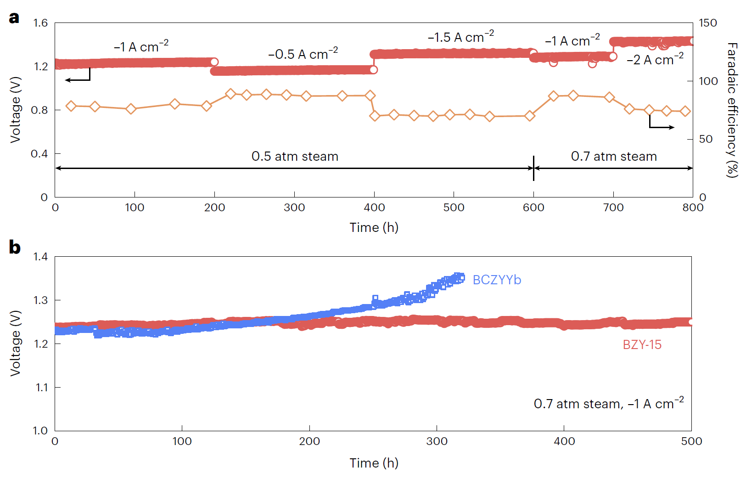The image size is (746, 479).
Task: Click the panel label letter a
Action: (14, 18)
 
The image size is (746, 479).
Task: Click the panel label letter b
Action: (15, 248)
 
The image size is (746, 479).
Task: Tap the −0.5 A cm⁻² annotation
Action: (303, 54)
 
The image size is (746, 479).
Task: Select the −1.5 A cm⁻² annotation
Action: (460, 37)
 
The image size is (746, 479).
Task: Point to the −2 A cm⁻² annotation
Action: (655, 59)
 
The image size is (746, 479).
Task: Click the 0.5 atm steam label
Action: (295, 157)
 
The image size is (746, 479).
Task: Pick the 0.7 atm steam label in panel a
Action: (614, 157)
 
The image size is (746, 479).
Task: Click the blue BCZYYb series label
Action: (497, 280)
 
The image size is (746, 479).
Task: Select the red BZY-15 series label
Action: (642, 344)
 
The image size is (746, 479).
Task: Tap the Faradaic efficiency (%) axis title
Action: (732, 110)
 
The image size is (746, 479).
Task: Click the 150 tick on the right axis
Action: (707, 23)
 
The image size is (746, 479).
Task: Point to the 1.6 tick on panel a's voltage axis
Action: (40, 23)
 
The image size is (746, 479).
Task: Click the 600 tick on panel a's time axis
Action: (533, 208)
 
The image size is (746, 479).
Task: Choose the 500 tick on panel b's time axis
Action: (691, 441)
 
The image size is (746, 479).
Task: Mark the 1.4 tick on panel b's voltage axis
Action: (40, 257)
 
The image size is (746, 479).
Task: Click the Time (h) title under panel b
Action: (374, 463)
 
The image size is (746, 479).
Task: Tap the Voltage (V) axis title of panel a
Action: (16, 110)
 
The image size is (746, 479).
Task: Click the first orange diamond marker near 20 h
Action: (71, 106)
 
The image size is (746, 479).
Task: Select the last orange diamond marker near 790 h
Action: (685, 111)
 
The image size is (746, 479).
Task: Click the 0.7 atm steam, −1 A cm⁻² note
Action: (608, 404)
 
